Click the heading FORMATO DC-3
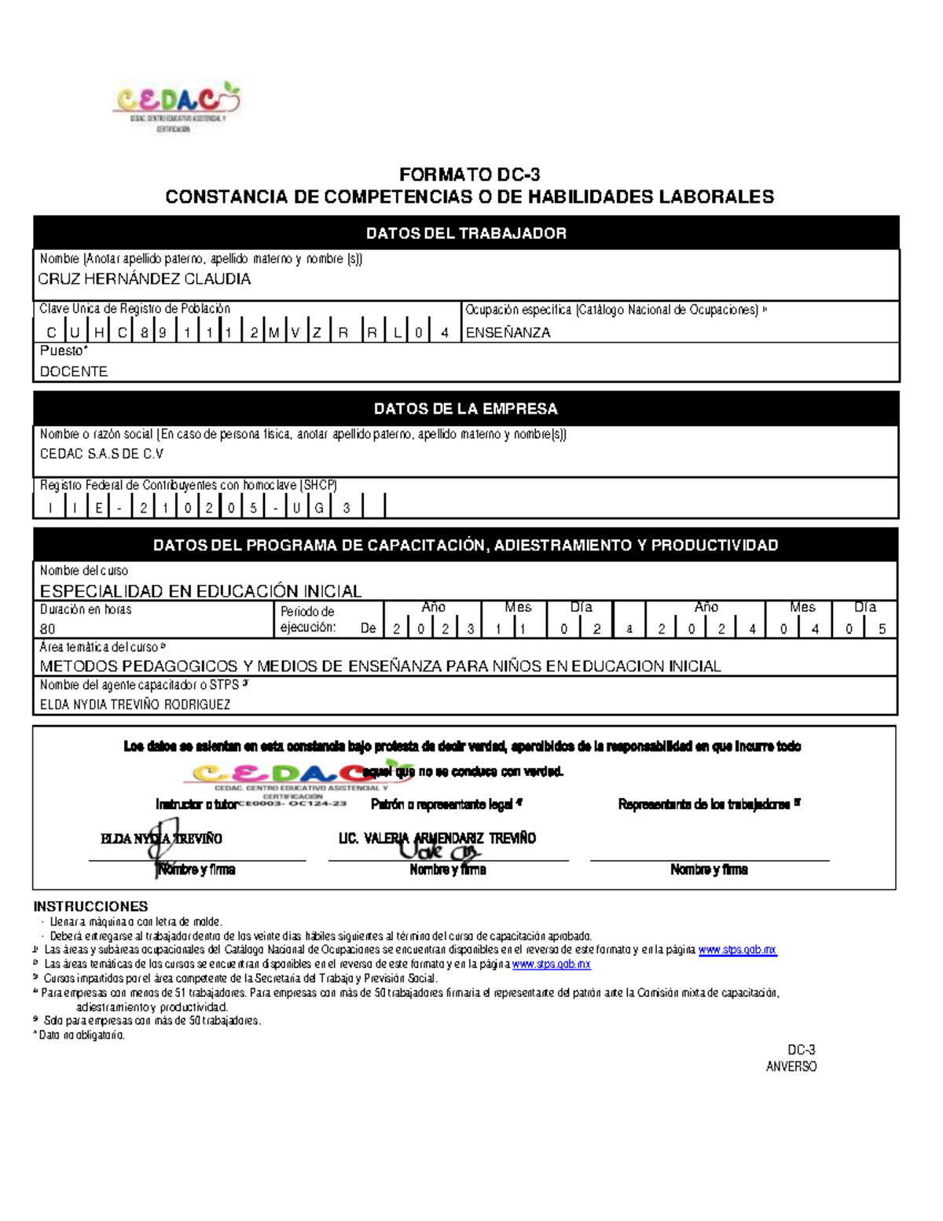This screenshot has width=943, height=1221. [x=469, y=175]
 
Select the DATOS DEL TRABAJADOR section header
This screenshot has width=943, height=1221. [x=466, y=234]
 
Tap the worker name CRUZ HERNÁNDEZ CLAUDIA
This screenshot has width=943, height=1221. [x=145, y=279]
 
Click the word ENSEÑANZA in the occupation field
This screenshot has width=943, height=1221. [x=508, y=333]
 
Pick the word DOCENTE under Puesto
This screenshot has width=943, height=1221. [x=74, y=371]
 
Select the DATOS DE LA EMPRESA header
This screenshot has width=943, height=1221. [x=465, y=409]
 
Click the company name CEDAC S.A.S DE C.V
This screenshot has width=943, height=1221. [x=101, y=454]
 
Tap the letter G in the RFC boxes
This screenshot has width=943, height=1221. [x=319, y=508]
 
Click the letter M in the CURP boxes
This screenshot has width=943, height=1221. [x=273, y=333]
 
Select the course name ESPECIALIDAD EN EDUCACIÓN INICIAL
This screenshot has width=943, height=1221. [x=200, y=591]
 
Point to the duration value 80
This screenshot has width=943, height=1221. [x=48, y=629]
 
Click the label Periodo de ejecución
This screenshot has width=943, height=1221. [x=307, y=620]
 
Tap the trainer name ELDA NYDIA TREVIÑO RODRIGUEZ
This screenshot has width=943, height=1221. [x=135, y=704]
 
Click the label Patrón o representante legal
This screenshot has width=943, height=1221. [x=446, y=804]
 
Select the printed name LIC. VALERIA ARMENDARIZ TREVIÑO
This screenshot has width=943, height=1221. [x=437, y=839]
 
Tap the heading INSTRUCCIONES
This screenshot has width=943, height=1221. [x=90, y=907]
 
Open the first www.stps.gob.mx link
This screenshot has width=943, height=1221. [x=737, y=950]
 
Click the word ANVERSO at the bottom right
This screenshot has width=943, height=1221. [x=791, y=1067]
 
